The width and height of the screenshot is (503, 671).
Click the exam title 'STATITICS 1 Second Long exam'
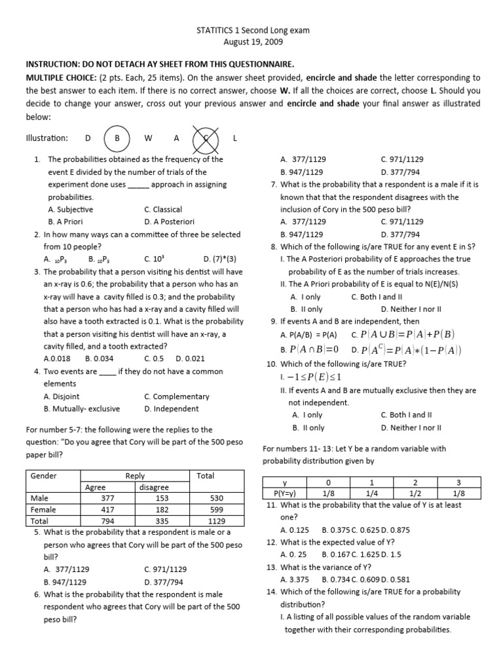click(x=252, y=30)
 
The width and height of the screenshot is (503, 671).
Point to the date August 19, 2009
click(x=252, y=42)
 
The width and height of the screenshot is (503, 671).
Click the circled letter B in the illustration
click(x=118, y=138)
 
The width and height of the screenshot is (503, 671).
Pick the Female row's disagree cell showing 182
click(x=162, y=510)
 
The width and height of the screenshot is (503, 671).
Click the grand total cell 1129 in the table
click(x=216, y=522)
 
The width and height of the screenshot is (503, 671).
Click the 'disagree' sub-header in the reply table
click(x=154, y=487)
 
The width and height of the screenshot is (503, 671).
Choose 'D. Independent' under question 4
click(x=172, y=409)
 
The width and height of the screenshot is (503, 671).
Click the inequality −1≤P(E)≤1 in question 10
click(x=313, y=377)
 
